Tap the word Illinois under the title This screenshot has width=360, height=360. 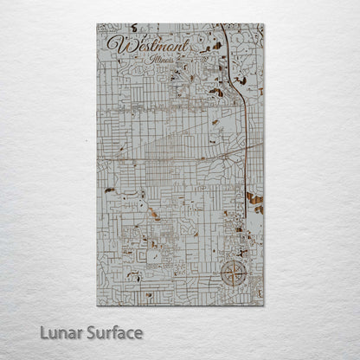click(161, 61)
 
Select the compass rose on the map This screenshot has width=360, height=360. click(232, 275)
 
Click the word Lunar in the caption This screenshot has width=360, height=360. click(61, 332)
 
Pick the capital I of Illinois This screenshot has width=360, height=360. click(151, 60)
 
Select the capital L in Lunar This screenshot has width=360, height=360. click(44, 332)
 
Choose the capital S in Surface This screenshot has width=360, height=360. click(92, 332)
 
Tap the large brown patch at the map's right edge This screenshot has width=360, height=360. click(254, 198)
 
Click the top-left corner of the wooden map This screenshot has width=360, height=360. click(98, 24)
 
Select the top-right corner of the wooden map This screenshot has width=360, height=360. click(263, 24)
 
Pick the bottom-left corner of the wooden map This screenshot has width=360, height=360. click(98, 305)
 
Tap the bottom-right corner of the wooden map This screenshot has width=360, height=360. click(263, 305)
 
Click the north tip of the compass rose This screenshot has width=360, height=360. click(232, 262)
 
